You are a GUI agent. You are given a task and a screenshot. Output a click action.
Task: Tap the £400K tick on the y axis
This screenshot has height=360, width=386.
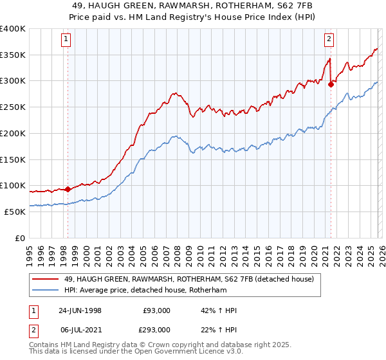pos(13,29)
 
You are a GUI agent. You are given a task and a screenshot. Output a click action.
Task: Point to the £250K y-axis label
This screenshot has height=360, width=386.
pos(13,107)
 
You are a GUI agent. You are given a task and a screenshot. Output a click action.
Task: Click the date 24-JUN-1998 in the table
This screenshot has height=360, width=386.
pos(80,310)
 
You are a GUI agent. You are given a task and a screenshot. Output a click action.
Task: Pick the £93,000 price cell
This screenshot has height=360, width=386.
pos(157,310)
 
